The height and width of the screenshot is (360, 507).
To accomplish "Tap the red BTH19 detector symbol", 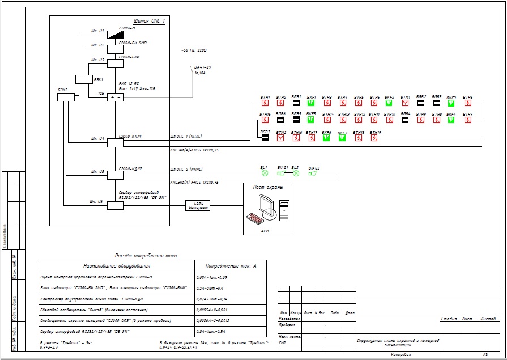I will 374,138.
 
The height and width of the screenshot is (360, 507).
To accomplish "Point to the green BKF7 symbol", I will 342,138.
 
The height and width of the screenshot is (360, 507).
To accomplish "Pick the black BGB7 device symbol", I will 265,138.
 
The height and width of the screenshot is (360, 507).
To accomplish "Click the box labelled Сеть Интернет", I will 198,205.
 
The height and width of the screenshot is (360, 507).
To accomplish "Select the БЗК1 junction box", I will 84,79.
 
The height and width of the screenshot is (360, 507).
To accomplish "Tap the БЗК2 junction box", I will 66,97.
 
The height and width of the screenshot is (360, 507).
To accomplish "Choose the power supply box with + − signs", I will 116,97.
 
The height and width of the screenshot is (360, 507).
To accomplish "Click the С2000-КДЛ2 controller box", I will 116,174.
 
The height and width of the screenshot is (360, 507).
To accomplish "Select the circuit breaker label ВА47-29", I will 202,67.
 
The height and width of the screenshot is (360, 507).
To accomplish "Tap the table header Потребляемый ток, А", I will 227,265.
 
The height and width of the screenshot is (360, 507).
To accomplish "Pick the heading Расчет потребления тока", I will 146,256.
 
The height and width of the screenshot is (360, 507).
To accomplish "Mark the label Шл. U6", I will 97,202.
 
